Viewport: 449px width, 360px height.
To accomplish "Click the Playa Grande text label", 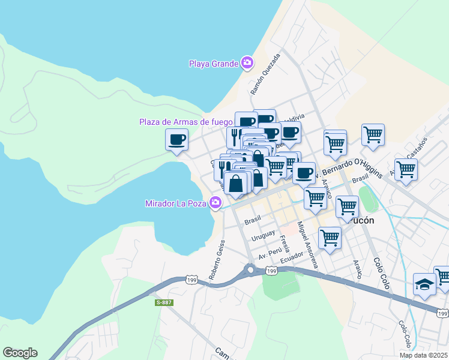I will coord(214,63).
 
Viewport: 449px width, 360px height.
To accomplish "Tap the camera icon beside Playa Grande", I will coord(247,62).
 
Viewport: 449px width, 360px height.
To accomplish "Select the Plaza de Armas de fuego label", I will coord(185,122).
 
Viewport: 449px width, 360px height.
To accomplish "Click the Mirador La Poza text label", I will coord(176,203).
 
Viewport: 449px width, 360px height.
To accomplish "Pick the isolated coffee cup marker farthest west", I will coord(176,140).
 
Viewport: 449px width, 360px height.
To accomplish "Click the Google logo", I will coord(20,353).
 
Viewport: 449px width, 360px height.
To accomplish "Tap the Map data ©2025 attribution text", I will coord(424,355).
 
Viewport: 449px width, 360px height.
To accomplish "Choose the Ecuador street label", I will coord(291,254).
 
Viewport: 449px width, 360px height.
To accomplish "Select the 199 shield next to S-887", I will coord(191,280).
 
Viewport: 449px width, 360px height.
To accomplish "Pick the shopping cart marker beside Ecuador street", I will coord(330,238).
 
